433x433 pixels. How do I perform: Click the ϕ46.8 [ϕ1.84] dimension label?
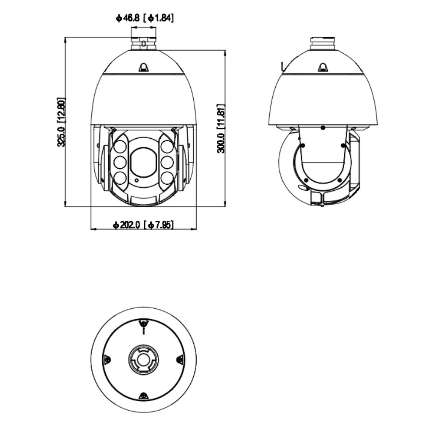coord(144,18)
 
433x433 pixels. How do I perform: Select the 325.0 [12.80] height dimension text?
coord(61,122)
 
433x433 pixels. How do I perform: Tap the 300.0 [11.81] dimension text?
coord(220,128)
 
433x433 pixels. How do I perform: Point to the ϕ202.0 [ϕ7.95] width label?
coord(143,225)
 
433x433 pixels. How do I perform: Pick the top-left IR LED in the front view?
coord(121,147)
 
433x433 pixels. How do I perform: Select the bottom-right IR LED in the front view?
coord(167,177)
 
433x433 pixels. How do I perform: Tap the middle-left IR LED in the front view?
coord(121,162)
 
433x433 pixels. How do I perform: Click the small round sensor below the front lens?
coord(137,180)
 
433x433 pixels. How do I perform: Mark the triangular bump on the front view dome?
coord(144,67)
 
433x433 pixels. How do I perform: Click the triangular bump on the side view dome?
coord(323,67)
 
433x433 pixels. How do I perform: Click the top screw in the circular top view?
coord(144,323)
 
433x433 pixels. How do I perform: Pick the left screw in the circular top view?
coord(107,359)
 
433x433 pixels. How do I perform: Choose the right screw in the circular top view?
coord(180,359)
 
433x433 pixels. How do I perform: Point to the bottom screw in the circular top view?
coord(144,396)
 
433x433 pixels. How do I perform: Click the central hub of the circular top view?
coord(144,359)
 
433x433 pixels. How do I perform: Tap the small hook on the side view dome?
coord(282,66)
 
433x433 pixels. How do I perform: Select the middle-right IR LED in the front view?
coord(167,162)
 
